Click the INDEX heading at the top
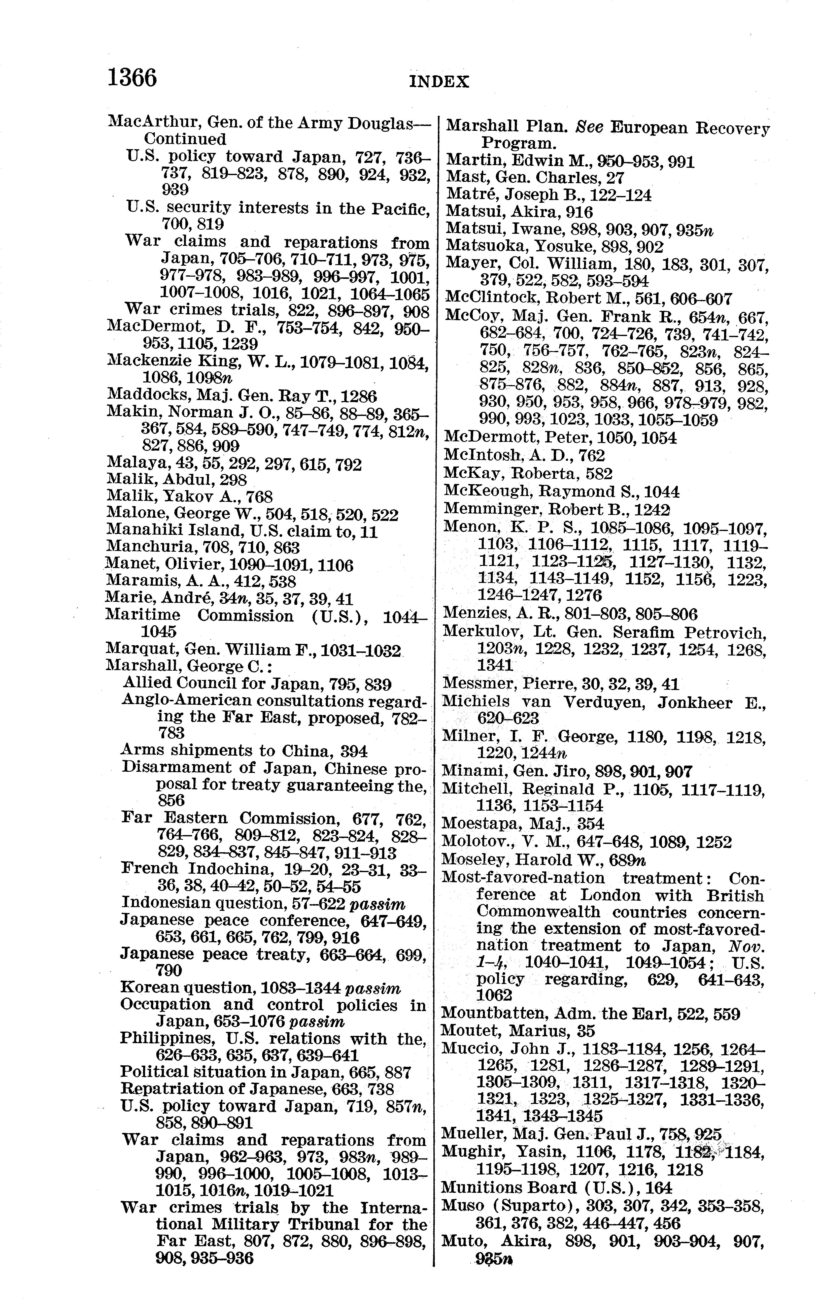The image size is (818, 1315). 439,82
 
